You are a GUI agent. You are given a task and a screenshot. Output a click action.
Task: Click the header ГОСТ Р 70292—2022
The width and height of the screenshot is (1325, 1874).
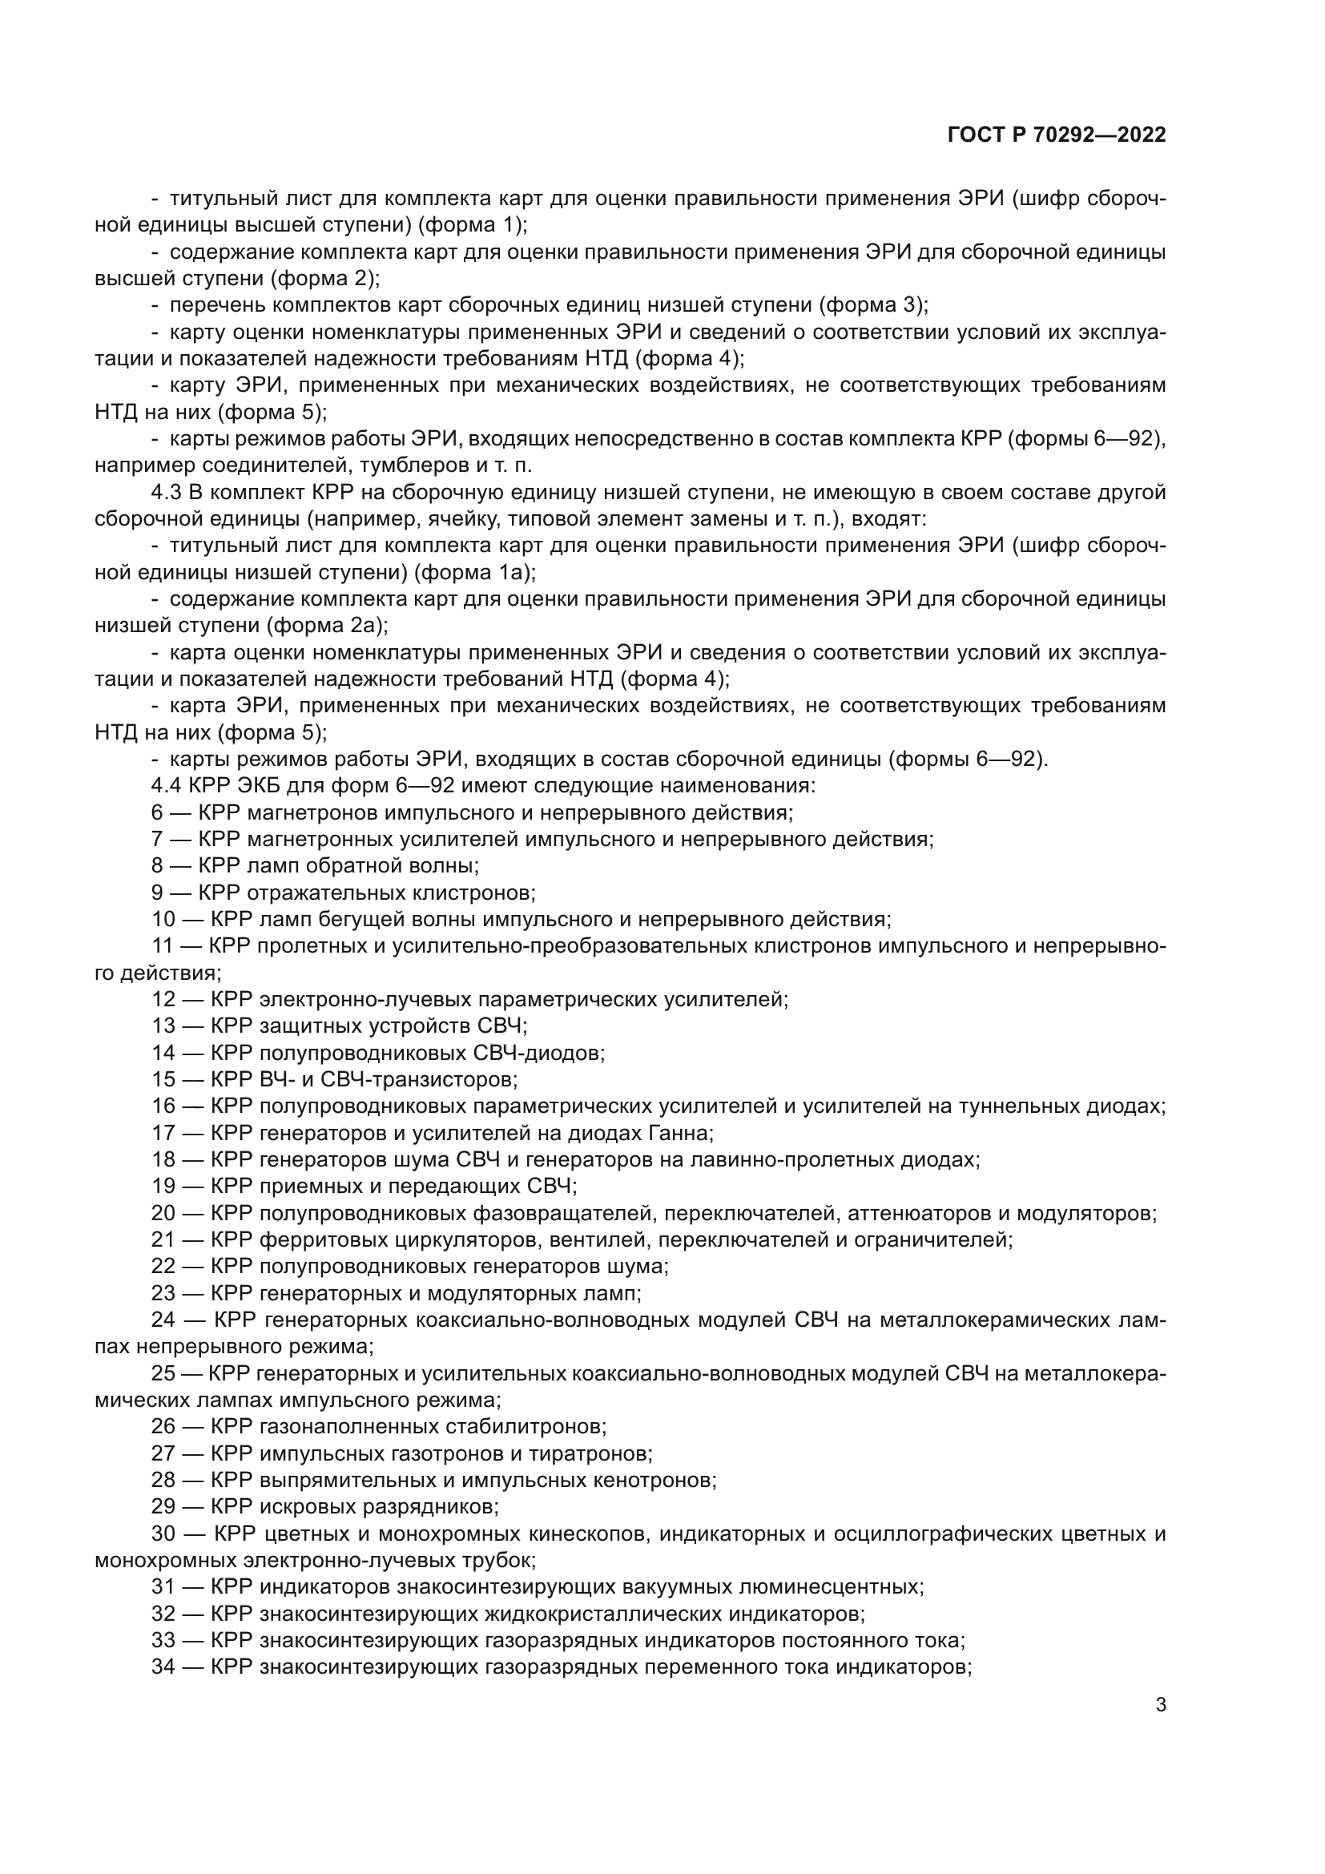(x=1057, y=135)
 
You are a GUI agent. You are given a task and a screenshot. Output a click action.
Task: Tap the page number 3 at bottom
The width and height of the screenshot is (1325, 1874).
(x=1160, y=1705)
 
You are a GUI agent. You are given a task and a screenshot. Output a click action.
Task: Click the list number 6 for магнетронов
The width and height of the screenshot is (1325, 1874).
(x=158, y=812)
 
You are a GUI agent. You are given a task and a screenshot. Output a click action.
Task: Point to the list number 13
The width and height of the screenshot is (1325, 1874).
(x=164, y=1026)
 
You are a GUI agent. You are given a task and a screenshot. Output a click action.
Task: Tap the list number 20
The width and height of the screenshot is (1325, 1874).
(x=164, y=1213)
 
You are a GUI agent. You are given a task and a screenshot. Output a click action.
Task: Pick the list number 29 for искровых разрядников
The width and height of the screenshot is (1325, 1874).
(x=164, y=1506)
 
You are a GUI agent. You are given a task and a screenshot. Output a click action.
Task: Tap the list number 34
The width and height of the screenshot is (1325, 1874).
(x=164, y=1666)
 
